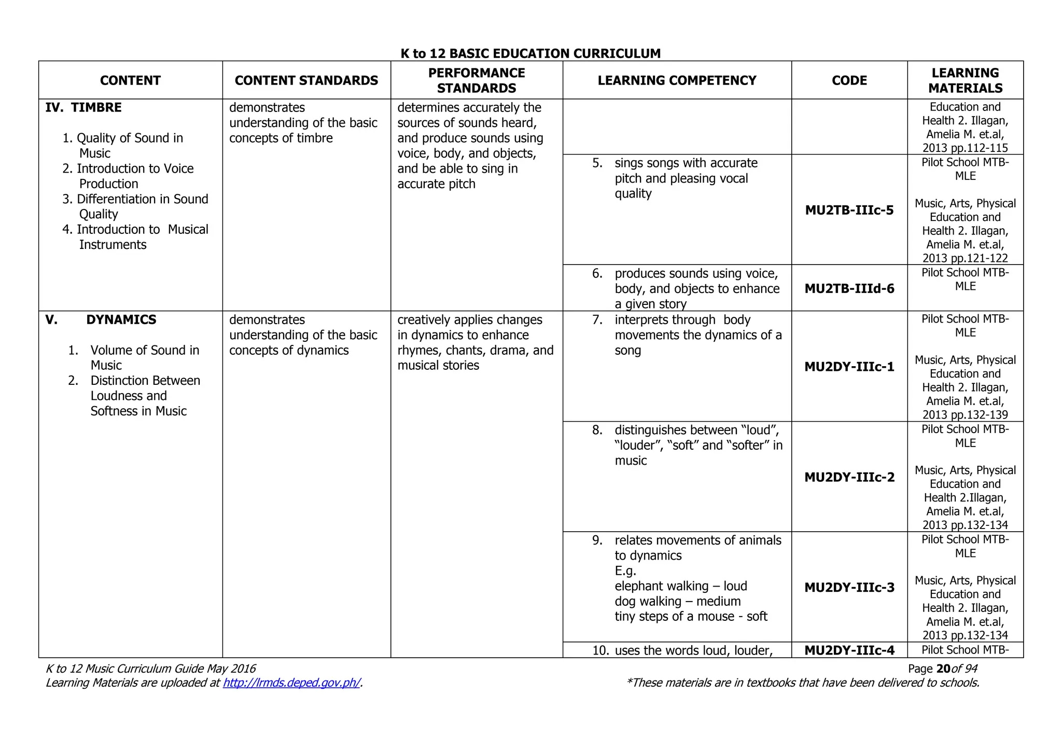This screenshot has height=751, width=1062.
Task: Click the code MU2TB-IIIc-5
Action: pos(849,210)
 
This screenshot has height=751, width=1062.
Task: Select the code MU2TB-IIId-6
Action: pos(849,288)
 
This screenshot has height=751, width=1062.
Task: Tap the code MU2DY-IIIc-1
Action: pos(849,367)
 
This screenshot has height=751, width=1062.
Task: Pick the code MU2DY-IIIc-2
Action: pos(849,477)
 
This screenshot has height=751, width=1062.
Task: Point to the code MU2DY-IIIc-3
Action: pos(849,587)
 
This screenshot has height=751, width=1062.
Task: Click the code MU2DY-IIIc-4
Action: pos(849,650)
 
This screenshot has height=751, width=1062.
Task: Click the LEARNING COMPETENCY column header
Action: pos(677,80)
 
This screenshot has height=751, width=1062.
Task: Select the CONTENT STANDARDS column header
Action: pos(306,80)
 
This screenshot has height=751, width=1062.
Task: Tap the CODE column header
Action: pos(849,80)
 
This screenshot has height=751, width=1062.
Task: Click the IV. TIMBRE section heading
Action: pos(83,107)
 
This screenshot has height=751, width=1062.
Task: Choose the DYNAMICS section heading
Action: pos(121,319)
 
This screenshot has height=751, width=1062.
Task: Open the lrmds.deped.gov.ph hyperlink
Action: pos(291,683)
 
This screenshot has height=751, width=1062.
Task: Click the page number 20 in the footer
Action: pos(943,669)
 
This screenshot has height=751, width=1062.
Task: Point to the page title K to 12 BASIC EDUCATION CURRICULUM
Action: pos(530,53)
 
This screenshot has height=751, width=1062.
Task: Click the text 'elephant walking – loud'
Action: pos(680,586)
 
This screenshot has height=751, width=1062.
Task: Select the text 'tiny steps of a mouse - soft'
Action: pos(690,616)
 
